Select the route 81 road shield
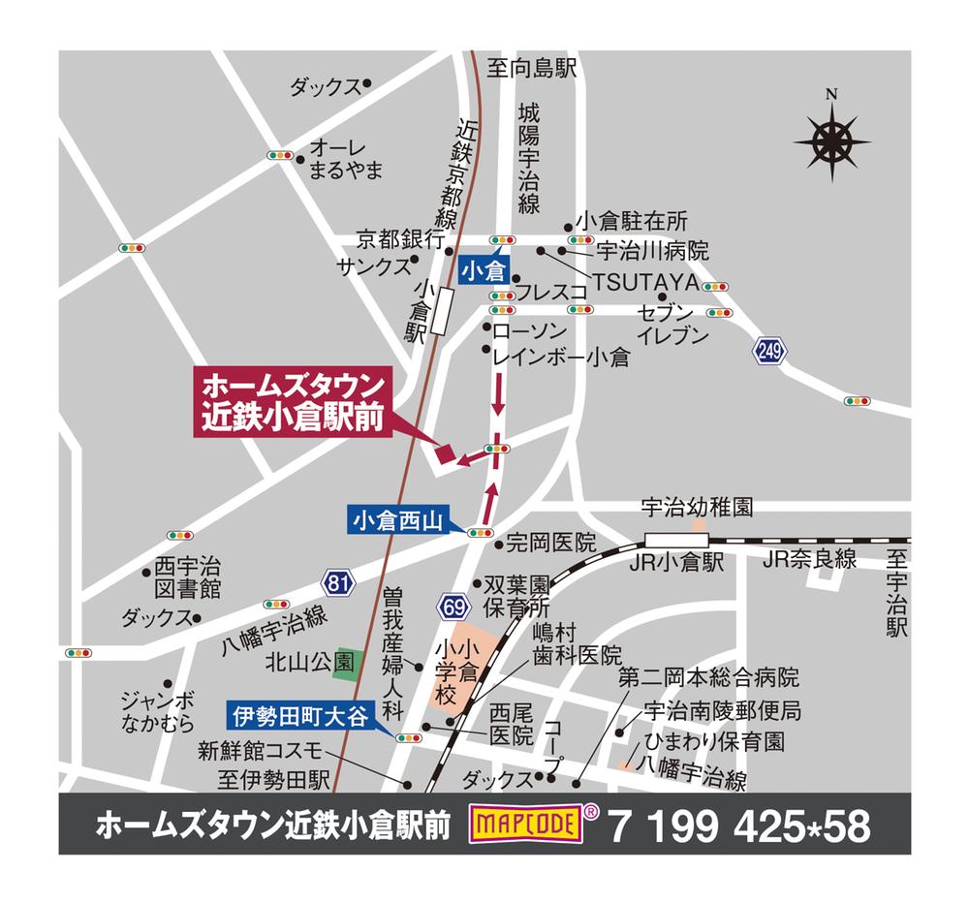pyautogui.click(x=336, y=583)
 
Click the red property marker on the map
pyautogui.click(x=445, y=452)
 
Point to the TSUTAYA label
pyautogui.click(x=646, y=282)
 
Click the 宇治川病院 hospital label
pyautogui.click(x=652, y=251)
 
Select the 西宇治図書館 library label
pyautogui.click(x=188, y=578)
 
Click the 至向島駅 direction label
pyautogui.click(x=532, y=68)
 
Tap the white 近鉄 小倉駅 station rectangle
pyautogui.click(x=442, y=311)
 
